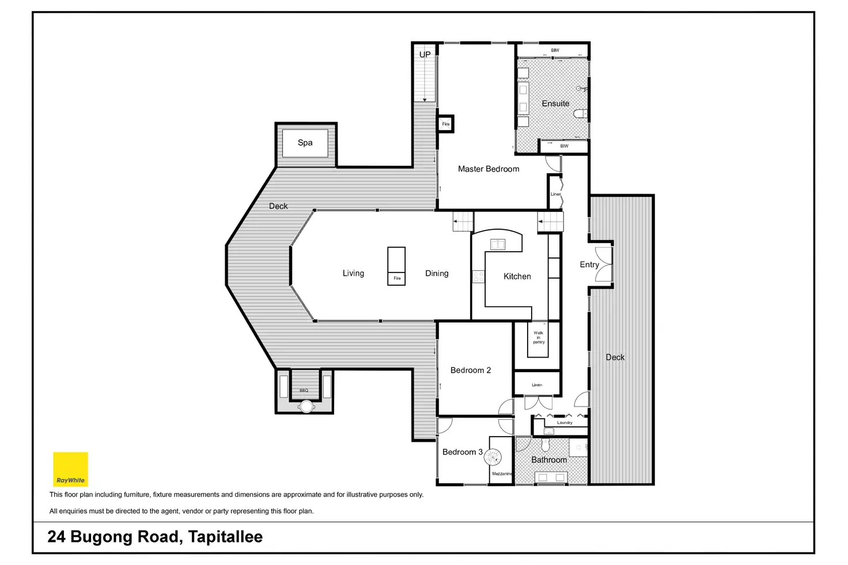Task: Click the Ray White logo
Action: pos(70,469)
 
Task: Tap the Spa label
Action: pos(305,143)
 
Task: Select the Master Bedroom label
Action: pos(489,169)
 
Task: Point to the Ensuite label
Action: pos(555,104)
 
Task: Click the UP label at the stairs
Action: pos(425,55)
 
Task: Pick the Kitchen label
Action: pos(517,276)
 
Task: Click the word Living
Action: pos(353,274)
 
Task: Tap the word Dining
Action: pos(437,274)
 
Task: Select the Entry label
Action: pos(589,264)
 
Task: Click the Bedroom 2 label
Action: pos(471,370)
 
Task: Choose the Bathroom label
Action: pos(548,460)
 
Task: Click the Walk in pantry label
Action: pos(538,338)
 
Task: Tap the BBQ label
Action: pos(304,390)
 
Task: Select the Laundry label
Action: pos(565,423)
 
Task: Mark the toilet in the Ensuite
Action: pos(580,113)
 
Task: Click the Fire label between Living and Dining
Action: pos(397,278)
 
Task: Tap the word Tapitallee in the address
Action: pos(225,537)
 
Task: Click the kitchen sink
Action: pos(497,244)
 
